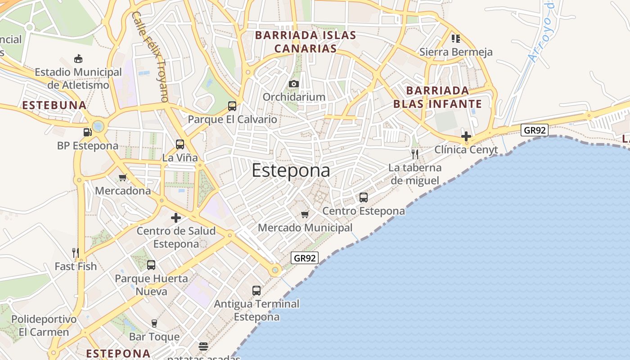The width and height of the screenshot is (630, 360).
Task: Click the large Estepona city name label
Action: [291, 171]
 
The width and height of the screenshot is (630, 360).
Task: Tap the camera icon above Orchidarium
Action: [294, 84]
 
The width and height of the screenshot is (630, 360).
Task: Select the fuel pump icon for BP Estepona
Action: [87, 132]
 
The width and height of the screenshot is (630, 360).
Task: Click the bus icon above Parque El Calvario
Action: [232, 106]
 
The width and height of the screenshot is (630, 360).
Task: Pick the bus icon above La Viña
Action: [180, 144]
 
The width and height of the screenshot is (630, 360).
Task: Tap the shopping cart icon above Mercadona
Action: [122, 177]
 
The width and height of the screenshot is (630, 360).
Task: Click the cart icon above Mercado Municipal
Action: [305, 214]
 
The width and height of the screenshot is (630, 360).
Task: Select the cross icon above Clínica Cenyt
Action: [466, 136]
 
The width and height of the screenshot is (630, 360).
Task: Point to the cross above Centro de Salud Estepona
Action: [176, 218]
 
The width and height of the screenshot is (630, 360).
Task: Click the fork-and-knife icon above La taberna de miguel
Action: [415, 154]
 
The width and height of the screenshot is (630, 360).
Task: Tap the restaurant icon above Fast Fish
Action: [76, 253]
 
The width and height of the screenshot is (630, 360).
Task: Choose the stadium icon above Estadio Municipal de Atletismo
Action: [78, 58]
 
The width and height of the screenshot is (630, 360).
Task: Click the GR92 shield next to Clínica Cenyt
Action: [535, 130]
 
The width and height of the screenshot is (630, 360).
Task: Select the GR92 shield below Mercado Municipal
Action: [305, 258]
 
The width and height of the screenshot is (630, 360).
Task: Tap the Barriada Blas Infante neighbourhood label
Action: [437, 97]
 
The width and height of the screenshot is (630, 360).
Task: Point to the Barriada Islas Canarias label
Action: [306, 42]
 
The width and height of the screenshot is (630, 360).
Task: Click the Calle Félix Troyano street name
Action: [151, 56]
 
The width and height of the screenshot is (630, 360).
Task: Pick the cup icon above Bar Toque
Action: [154, 324]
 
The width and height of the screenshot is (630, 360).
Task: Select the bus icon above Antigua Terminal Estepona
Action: [256, 291]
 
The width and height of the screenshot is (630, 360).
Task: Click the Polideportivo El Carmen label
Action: [44, 326]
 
